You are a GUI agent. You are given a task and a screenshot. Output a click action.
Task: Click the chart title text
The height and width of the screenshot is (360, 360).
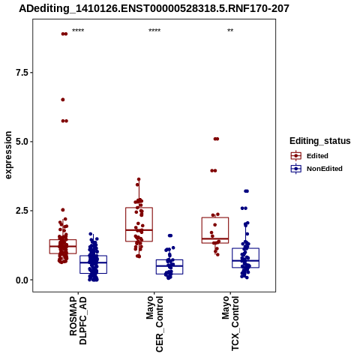point(154,8)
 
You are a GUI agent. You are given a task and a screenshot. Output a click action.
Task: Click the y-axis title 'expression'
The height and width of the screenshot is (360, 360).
point(8,155)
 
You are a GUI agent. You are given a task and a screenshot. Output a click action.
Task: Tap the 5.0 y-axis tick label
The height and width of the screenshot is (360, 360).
point(22,142)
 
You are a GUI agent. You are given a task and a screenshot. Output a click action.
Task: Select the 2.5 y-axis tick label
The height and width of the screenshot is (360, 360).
point(22,211)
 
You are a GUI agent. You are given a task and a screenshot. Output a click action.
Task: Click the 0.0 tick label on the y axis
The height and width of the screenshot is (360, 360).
point(22,280)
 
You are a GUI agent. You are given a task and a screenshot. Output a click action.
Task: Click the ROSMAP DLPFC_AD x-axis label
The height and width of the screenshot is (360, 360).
point(78,320)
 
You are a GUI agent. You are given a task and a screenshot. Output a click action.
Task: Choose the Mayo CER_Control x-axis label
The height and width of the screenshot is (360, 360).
point(154,324)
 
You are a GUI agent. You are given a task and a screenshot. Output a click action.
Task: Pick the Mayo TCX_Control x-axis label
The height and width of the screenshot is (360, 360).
point(230,323)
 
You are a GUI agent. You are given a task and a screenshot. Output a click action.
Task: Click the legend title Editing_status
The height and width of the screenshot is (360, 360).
point(320,141)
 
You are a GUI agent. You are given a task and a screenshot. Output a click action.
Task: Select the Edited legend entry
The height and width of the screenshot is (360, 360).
point(310,156)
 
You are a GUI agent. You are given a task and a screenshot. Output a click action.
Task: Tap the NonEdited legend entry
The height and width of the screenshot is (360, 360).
point(316,169)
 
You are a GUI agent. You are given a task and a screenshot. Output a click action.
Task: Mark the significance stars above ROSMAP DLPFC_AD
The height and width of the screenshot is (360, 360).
point(78,31)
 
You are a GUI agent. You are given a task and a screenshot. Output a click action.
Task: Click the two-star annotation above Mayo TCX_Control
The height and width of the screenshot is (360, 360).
point(230,31)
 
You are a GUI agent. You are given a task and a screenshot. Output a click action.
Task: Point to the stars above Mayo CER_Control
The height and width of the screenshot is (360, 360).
point(154,31)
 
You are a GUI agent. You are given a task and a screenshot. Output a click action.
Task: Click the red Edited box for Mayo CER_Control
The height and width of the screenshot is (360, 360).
point(139,208)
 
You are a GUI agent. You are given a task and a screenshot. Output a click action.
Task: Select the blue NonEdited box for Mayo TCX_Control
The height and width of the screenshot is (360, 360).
point(245,248)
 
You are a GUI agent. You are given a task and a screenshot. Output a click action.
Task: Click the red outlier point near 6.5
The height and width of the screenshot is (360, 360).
point(63,100)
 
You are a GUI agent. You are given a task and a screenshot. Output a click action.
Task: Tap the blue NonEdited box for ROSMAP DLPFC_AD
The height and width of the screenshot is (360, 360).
point(94,256)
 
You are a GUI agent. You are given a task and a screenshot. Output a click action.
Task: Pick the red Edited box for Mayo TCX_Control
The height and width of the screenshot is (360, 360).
point(215,217)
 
